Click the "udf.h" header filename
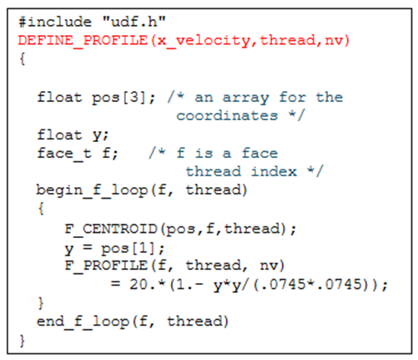134,22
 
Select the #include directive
55,22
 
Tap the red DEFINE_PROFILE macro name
83,40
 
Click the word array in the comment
245,98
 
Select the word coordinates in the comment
227,115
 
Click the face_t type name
64,154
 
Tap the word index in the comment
274,171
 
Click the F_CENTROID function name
111,230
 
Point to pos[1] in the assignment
128,248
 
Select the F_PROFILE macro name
106,266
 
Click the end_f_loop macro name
83,322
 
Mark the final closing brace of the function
23,341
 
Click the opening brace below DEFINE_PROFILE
23,59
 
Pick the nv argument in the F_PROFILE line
269,266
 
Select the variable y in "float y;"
97,136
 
